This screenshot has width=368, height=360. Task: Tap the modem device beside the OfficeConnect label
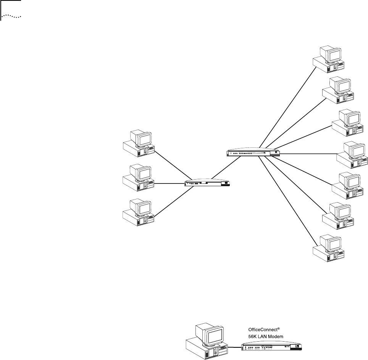[x=273, y=347]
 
